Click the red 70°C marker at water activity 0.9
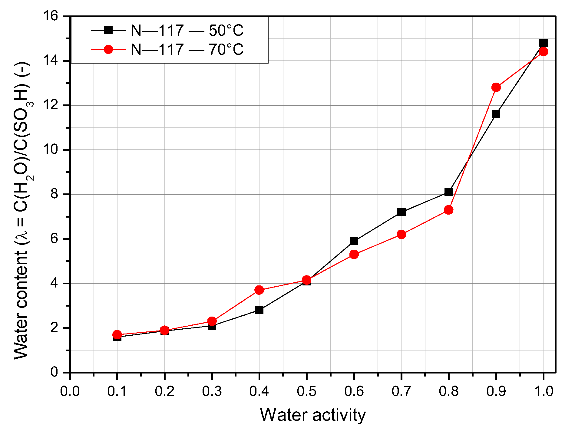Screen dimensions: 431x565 496,87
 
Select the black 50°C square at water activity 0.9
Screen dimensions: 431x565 496,114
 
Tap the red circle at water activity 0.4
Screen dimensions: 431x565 259,290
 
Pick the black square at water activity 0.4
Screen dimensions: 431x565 259,310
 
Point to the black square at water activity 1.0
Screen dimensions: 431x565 543,43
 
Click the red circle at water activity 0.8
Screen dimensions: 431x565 449,210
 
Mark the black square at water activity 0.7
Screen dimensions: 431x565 401,212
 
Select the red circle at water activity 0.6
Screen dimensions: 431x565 354,254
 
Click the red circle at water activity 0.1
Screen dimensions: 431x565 117,334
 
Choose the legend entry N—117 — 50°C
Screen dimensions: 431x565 187,30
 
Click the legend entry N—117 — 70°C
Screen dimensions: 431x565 187,49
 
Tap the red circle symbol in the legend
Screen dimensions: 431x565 108,49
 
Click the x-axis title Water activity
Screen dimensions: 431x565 312,415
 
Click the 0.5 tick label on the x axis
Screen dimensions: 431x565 306,391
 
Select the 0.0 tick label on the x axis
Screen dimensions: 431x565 70,391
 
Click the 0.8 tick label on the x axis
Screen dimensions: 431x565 449,391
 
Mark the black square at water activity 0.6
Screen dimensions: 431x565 354,241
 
